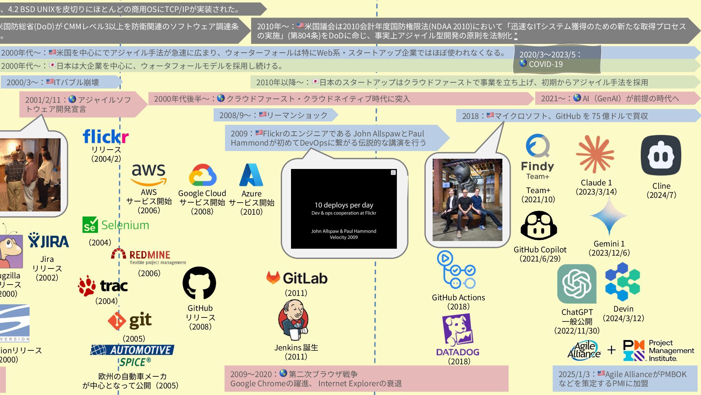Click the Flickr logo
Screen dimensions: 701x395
tap(106, 136)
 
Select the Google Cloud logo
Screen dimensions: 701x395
tap(202, 175)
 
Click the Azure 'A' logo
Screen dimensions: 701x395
tap(251, 175)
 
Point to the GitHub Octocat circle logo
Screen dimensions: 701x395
tap(199, 283)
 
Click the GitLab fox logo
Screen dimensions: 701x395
tap(273, 278)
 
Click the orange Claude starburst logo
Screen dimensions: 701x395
tap(595, 154)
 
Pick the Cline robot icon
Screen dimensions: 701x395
tap(661, 155)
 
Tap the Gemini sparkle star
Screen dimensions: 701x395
tap(609, 216)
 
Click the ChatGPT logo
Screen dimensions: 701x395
tap(576, 284)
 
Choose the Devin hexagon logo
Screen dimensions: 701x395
tap(623, 282)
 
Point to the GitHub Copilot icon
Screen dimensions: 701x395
tap(539, 226)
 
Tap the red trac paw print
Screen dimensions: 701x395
tap(87, 286)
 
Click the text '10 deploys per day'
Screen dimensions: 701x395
tap(344, 205)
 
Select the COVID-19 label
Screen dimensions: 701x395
tap(545, 64)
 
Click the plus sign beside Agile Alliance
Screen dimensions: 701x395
tap(612, 350)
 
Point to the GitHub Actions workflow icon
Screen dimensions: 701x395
tap(456, 270)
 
